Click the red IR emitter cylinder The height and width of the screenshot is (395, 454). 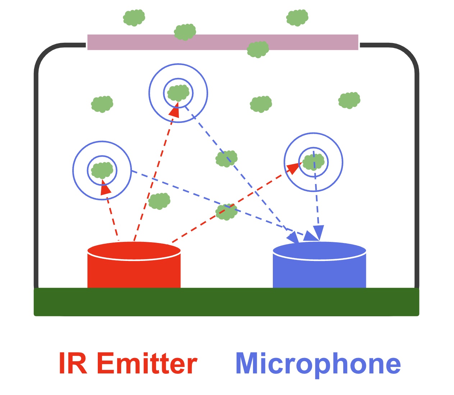point(134,268)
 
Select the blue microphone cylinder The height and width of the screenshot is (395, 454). point(319,268)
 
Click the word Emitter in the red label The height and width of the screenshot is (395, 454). point(147,363)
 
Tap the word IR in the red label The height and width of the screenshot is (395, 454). point(73,363)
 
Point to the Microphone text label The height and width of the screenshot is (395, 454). point(318,363)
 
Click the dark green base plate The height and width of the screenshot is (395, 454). point(226,302)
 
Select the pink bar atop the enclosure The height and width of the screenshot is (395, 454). point(223,42)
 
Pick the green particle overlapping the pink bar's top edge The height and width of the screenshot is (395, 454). point(185,32)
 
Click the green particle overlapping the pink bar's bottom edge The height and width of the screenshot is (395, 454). point(258,49)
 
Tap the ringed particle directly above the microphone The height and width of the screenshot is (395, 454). point(313,162)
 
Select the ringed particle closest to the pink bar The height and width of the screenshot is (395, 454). point(178,93)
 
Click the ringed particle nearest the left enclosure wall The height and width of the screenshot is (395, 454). point(102,170)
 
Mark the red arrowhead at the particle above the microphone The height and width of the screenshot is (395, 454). point(295,167)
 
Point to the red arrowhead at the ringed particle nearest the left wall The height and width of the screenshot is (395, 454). point(105,188)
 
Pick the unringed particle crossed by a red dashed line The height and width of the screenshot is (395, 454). point(226,212)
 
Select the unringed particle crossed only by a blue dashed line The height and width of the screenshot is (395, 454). point(226,159)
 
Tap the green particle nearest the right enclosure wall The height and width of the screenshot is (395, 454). point(349,100)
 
